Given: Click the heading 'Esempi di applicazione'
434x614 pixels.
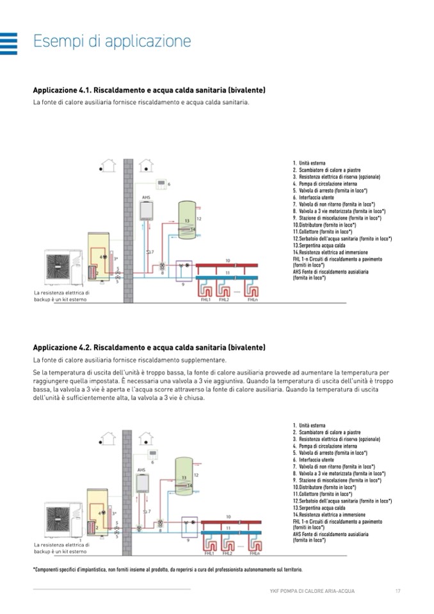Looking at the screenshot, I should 112,42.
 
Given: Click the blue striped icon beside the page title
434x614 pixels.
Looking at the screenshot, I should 9,43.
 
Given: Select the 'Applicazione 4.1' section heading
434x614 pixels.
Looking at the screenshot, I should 149,90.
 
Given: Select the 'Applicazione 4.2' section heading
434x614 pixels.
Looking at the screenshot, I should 149,348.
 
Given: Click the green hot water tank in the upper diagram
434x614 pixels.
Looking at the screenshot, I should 186,220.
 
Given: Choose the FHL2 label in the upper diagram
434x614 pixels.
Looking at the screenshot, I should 223,300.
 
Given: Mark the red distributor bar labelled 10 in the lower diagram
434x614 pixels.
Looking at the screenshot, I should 227,522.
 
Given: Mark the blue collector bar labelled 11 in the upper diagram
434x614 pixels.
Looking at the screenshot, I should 229,279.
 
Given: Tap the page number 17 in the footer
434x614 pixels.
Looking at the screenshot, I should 398,590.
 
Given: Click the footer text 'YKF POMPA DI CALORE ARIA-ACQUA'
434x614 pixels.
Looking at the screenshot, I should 312,590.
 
